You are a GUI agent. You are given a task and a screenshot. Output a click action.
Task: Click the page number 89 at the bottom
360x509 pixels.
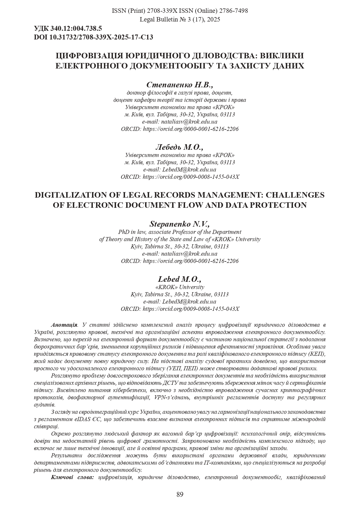point(180,494)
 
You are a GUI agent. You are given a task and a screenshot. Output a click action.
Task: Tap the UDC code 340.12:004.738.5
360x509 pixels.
point(76,28)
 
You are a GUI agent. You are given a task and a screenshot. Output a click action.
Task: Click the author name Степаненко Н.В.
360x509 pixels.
point(180,85)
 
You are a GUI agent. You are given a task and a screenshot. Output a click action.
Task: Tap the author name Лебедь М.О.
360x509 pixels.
point(180,147)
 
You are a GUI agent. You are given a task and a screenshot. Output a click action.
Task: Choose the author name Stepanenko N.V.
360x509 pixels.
point(180,224)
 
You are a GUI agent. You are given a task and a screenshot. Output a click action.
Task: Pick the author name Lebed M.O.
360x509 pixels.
point(180,279)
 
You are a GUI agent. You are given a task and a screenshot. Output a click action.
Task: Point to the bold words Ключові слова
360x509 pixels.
point(73,477)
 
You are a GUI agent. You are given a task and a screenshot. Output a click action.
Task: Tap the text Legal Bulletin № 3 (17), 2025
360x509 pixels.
point(180,19)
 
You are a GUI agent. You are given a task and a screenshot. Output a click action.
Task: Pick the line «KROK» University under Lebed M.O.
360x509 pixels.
point(180,287)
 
